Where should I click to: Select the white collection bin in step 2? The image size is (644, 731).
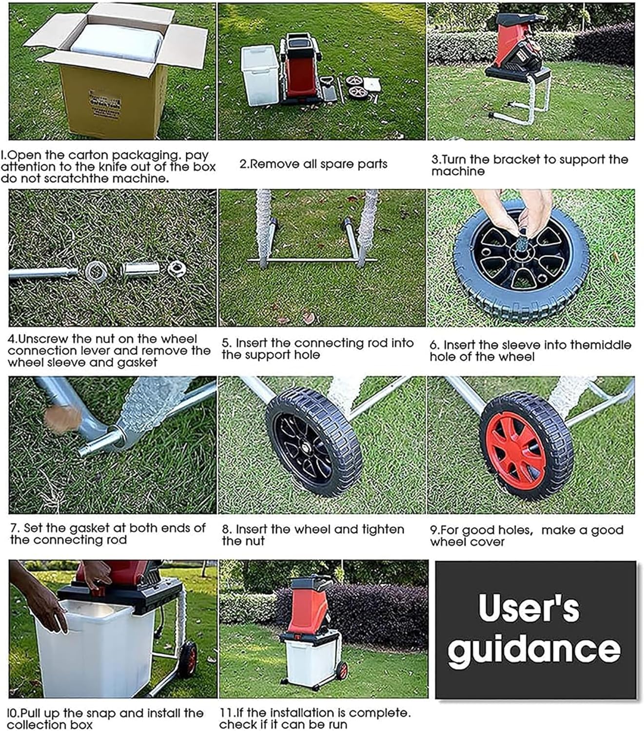point(260,76)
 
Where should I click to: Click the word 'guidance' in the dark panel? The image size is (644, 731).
point(534,649)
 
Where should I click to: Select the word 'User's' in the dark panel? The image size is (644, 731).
point(528,608)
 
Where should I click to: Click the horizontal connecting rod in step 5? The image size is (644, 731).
point(312,260)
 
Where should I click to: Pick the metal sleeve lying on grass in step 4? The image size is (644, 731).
point(139,269)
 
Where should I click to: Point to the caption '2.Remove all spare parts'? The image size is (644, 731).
point(313,164)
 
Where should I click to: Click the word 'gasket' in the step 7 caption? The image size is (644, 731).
point(88,528)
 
